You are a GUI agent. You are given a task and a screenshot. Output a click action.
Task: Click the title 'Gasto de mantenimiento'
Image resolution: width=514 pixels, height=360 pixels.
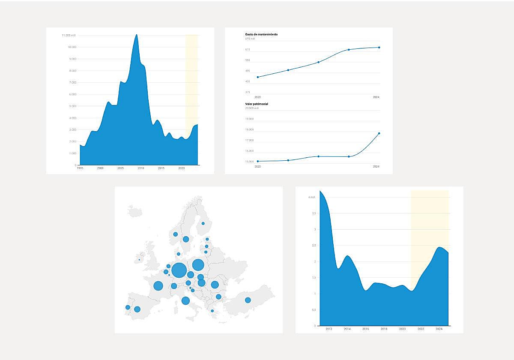(261, 34)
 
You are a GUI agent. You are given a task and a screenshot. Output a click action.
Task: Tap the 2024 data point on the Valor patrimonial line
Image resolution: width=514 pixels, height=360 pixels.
(379, 133)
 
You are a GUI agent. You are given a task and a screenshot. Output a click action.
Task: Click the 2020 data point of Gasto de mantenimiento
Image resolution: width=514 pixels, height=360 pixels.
(258, 77)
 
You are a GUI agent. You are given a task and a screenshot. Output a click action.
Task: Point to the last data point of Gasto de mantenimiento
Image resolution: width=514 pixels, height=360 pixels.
(379, 48)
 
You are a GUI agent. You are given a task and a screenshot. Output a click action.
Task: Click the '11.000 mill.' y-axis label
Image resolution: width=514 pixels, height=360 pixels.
(69, 35)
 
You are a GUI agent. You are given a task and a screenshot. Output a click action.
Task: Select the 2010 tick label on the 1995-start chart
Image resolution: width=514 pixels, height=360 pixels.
(141, 168)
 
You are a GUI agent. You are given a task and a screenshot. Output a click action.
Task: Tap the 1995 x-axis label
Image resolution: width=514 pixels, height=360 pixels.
(80, 168)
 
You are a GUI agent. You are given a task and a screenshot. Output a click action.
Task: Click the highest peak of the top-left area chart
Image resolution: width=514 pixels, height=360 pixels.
(137, 35)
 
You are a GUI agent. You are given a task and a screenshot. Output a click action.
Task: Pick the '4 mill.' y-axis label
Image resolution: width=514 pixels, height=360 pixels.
(312, 197)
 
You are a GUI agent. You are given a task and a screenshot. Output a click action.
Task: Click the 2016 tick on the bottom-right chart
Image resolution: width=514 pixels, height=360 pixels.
(365, 329)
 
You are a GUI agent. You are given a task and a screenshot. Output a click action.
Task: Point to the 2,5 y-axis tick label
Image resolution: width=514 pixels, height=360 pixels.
(314, 246)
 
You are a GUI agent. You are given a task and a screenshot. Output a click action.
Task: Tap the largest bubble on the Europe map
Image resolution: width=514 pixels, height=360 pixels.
(179, 270)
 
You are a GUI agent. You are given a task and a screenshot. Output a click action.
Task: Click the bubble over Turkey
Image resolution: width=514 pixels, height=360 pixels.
(248, 300)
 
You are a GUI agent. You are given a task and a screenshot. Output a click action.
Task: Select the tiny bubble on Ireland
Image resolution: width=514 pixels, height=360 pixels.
(139, 260)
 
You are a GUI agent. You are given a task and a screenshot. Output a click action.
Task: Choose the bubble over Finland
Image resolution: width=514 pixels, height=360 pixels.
(203, 223)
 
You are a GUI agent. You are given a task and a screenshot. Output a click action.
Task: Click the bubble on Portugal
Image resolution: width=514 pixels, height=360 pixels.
(128, 307)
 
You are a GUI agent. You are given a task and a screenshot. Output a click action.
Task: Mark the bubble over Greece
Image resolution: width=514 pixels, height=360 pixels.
(212, 311)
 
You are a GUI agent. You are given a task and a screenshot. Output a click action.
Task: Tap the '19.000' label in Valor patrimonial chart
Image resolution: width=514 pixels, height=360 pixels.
(249, 119)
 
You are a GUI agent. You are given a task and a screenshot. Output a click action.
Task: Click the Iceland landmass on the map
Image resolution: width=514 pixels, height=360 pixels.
(134, 211)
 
